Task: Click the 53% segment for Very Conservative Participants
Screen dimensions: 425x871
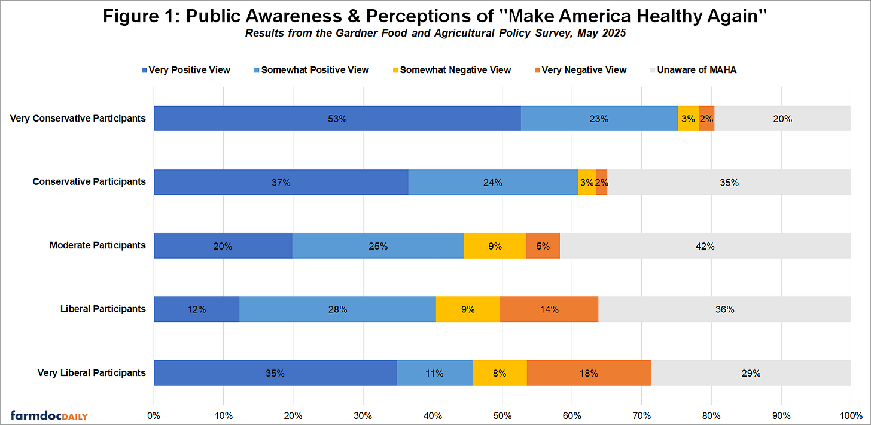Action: point(337,119)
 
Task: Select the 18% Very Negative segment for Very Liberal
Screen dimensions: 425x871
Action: point(589,373)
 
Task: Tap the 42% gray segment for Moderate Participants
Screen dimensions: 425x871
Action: point(705,246)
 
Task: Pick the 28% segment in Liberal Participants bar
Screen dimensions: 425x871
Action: point(337,309)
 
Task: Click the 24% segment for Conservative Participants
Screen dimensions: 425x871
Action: point(493,183)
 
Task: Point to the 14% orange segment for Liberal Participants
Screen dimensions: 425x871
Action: point(549,309)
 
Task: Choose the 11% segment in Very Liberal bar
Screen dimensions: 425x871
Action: point(434,373)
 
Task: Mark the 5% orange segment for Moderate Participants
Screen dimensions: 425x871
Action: point(543,246)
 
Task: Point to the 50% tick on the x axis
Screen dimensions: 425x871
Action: point(502,415)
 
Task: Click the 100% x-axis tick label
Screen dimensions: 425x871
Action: point(850,415)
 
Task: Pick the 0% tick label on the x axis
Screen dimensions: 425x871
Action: point(154,415)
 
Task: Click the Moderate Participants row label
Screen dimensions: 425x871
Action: point(98,245)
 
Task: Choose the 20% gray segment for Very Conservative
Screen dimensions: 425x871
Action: point(782,119)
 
